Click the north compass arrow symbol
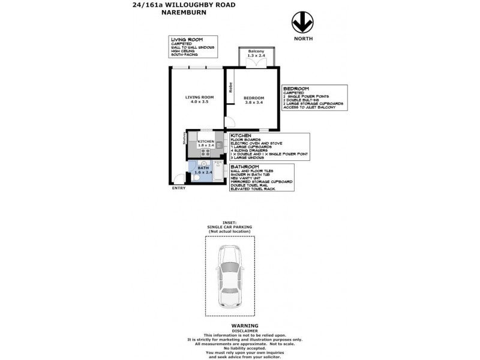(x=302, y=23)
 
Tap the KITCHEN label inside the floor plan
(x=206, y=143)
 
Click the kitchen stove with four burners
(x=220, y=144)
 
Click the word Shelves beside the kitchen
(x=184, y=138)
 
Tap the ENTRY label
(x=179, y=188)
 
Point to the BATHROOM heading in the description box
(x=245, y=167)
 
